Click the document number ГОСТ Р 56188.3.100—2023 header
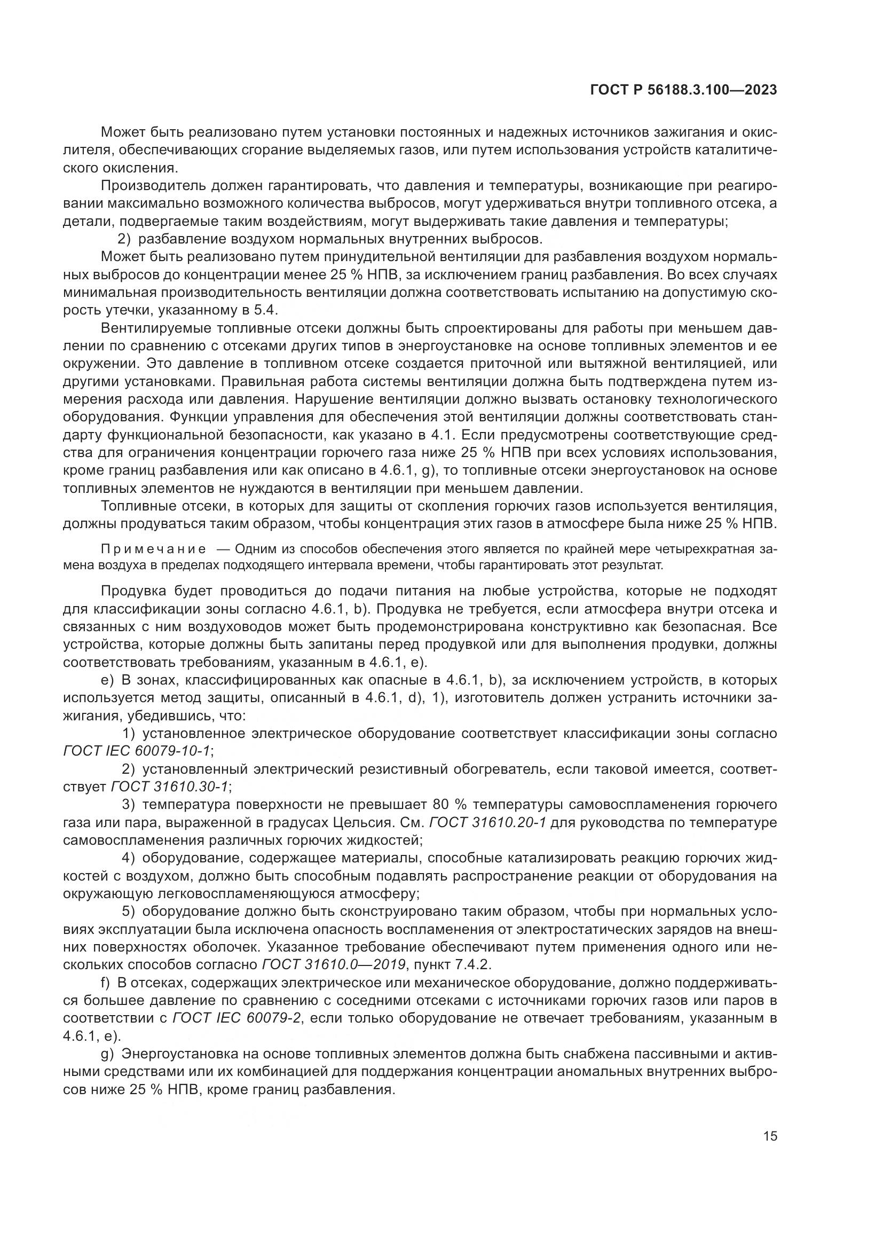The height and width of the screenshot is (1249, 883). point(683,90)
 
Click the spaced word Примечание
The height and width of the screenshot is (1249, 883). point(153,549)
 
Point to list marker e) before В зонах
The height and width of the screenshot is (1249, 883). point(107,680)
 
